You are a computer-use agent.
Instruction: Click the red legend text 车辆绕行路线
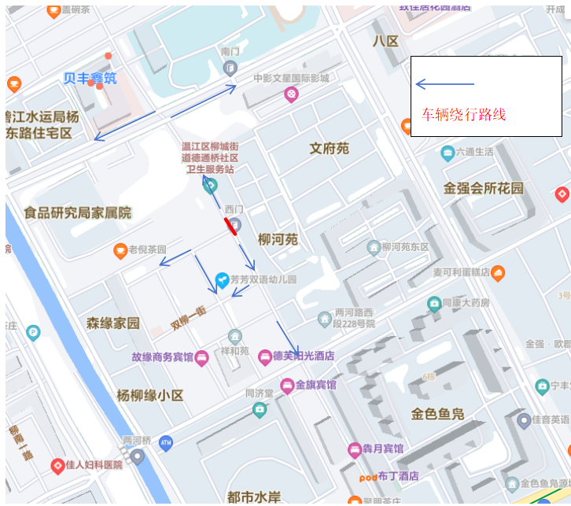[463, 114]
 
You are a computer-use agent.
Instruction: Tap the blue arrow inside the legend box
[444, 84]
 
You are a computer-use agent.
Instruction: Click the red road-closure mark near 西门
[230, 227]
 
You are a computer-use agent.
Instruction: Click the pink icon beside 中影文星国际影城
[291, 94]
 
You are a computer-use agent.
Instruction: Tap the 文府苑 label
[329, 148]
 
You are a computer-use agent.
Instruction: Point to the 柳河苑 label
[278, 239]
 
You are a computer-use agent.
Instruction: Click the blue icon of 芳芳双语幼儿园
[223, 279]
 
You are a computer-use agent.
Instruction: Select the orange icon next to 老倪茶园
[120, 250]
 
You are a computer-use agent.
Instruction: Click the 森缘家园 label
[112, 323]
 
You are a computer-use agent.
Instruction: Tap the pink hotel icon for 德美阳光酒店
[266, 356]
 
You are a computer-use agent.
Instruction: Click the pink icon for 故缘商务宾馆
[201, 357]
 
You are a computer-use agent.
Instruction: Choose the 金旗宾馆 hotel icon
[287, 385]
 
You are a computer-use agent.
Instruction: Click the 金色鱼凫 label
[437, 414]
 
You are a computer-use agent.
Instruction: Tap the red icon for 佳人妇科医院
[57, 465]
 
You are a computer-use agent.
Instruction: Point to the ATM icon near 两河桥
[165, 443]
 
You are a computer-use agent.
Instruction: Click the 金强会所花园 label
[483, 188]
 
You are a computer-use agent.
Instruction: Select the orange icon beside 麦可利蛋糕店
[497, 272]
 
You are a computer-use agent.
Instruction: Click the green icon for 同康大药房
[433, 303]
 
